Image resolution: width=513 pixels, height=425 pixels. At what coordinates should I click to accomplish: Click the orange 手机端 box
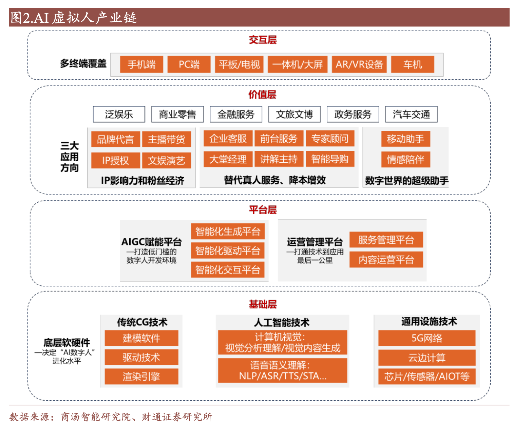(x=141, y=64)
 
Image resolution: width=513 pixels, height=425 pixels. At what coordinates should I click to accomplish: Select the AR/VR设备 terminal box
(x=359, y=64)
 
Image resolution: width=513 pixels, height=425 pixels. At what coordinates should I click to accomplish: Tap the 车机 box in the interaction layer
(x=412, y=64)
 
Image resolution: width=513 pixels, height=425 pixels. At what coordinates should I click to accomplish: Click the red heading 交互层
(x=263, y=40)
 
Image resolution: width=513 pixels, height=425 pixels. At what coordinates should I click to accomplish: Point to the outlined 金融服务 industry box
(x=236, y=115)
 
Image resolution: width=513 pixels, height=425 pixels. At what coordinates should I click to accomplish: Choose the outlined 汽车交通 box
(x=411, y=115)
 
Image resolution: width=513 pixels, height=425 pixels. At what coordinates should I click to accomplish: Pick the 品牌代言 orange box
(x=115, y=139)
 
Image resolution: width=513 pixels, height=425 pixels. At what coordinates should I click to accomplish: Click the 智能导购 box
(x=330, y=159)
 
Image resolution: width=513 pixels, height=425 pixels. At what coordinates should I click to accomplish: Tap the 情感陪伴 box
(x=405, y=159)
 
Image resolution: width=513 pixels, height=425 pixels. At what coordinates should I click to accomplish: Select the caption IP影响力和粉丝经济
(x=142, y=180)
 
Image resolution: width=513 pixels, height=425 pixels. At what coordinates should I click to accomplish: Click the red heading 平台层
(x=263, y=210)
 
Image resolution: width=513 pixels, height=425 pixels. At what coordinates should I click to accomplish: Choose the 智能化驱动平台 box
(x=228, y=251)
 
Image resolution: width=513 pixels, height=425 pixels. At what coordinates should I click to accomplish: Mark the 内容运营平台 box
(x=386, y=260)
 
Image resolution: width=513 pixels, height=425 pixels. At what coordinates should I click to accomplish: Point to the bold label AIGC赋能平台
(x=152, y=242)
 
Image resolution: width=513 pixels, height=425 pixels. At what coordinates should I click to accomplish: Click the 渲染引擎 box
(x=141, y=376)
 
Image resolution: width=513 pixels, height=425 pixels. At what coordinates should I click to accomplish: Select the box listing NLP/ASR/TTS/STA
(x=283, y=370)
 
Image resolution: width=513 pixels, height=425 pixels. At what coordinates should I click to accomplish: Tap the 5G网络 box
(x=427, y=338)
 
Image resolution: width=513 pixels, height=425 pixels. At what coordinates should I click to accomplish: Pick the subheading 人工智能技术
(x=282, y=322)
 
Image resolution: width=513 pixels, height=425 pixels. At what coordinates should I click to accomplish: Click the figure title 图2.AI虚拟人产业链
(x=74, y=18)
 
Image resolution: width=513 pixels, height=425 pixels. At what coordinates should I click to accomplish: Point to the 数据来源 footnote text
(x=111, y=417)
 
